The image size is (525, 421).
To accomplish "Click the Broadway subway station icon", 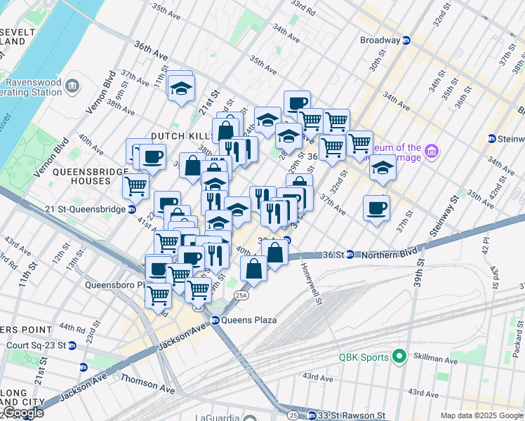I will pos(406,40).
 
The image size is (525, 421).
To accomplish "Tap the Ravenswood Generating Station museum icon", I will pos(72,86).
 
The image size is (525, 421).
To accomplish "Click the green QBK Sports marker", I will pos(399,357).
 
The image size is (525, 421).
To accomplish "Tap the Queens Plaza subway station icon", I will pos(216,320).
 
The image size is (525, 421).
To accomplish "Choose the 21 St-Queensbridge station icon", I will pos(131,209).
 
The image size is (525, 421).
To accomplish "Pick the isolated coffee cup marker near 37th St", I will pos(377,208).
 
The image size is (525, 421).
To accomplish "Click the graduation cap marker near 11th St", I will pos(181,88).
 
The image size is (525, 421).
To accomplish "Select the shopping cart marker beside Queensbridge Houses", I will pos(135,186).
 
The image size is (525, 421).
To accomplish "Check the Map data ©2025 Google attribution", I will pos(480,415).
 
